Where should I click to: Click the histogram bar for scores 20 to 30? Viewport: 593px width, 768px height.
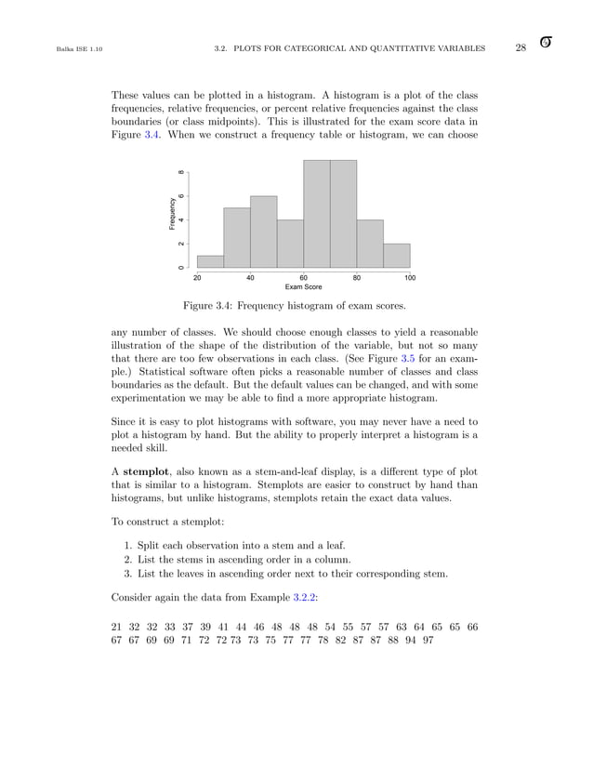210,261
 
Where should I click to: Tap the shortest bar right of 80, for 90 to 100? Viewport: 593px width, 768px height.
397,256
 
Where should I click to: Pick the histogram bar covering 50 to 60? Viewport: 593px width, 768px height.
290,244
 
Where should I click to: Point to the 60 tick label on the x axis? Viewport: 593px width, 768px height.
304,277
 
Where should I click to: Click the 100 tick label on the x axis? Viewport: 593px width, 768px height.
410,277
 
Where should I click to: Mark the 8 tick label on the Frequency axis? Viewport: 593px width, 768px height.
181,171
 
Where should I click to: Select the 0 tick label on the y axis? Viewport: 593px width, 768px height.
181,268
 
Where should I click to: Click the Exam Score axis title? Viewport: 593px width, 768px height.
303,287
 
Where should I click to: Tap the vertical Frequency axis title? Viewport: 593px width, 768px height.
172,214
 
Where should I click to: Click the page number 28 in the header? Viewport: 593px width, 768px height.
521,47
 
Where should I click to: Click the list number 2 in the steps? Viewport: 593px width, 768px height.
127,558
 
